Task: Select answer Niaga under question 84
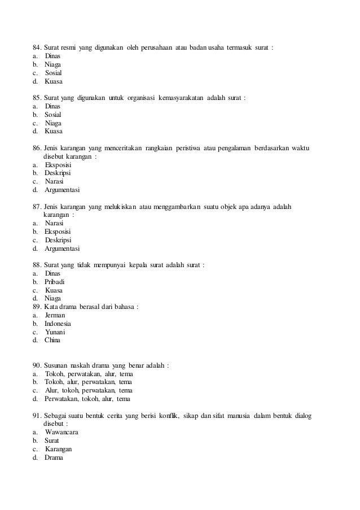[x=53, y=65]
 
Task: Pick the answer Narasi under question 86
[x=54, y=181]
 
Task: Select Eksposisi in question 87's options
[x=58, y=232]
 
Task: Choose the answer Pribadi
[x=55, y=281]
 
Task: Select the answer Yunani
[x=55, y=332]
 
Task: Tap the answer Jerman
[x=55, y=315]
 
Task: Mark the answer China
[x=52, y=340]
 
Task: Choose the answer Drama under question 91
[x=54, y=457]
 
